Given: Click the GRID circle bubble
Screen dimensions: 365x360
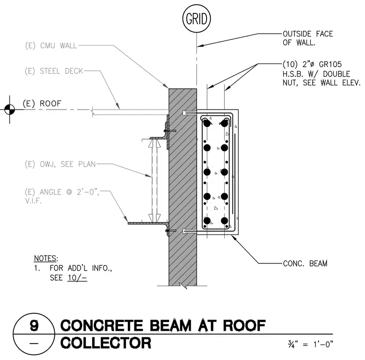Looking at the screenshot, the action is pos(196,18).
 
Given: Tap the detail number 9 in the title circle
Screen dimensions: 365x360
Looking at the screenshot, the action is pos(34,325).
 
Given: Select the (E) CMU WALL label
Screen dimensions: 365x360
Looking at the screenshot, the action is pos(51,46).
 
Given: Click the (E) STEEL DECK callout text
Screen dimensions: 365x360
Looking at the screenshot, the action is pos(54,71).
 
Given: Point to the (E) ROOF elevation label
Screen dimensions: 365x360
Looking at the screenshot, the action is pos(42,103).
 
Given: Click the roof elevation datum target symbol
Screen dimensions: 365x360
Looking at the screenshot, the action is pos(10,109).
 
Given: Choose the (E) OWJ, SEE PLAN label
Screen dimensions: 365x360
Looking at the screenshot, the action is pos(60,164).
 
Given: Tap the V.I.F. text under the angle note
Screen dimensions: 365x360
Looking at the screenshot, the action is pos(33,201).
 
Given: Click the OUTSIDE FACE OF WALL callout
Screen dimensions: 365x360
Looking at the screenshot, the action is pos(308,38).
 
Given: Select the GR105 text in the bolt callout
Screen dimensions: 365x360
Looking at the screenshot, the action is pos(330,64).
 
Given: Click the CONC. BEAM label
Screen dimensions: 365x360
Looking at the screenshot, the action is pos(305,263).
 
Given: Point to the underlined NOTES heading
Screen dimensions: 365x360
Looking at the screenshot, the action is pos(46,258).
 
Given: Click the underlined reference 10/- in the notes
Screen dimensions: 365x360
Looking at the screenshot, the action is pos(77,278).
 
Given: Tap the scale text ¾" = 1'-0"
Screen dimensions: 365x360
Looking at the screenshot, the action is pos(310,344).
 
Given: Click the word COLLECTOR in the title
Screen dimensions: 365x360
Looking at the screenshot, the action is pos(106,343).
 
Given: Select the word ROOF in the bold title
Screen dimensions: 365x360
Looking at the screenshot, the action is pos(244,325).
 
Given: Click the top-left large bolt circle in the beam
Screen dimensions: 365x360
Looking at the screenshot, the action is pos(207,123).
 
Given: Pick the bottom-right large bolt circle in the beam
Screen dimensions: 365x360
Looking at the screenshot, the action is pos(224,221).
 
